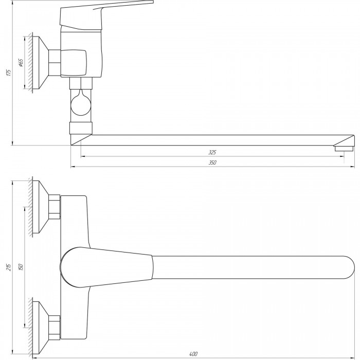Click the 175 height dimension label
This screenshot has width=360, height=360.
point(9,72)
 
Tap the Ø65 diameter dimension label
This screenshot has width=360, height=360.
point(21,62)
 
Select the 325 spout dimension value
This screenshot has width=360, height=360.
point(212,152)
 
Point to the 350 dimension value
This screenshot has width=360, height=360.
point(212,163)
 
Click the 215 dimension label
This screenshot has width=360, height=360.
point(9,267)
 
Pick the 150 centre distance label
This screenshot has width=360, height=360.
point(21,267)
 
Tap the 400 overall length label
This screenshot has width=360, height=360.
point(193,354)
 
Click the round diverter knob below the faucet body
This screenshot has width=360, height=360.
point(81,105)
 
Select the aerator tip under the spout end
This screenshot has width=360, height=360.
point(344,148)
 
